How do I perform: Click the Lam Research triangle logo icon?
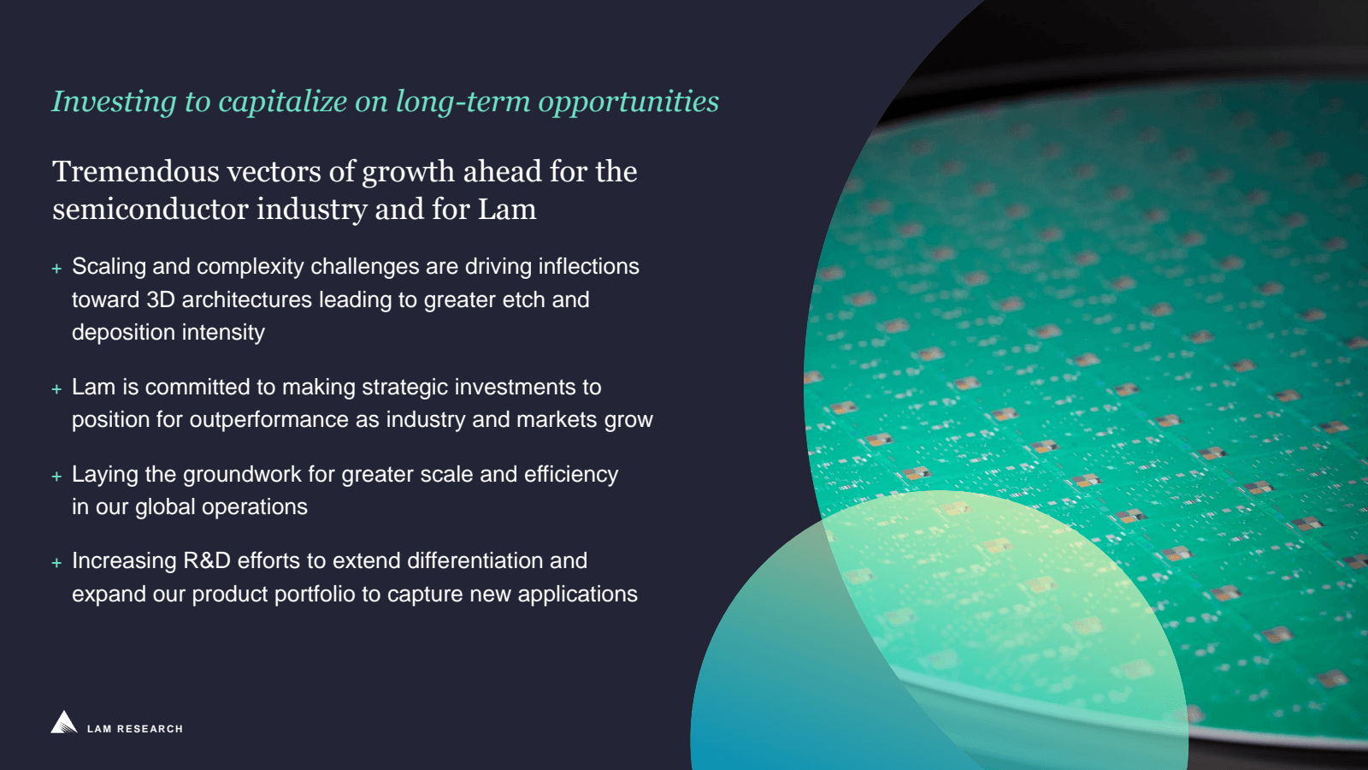click(x=64, y=722)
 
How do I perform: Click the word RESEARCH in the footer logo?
click(x=150, y=729)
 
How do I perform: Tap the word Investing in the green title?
click(x=115, y=102)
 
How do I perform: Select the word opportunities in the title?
click(x=628, y=102)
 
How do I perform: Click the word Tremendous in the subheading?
click(x=136, y=171)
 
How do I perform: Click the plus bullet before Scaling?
click(x=56, y=269)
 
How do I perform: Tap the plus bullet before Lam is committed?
click(x=56, y=388)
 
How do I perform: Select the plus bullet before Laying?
click(x=56, y=476)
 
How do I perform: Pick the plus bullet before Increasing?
click(x=56, y=562)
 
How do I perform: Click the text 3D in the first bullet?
click(x=161, y=299)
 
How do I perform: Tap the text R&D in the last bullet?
click(x=206, y=560)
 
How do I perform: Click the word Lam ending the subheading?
click(x=507, y=209)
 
